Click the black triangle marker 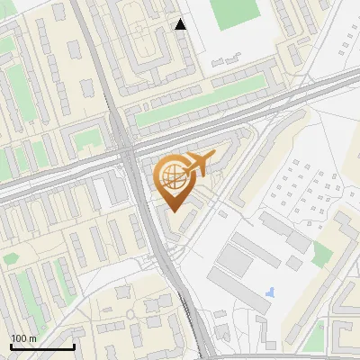pos(181,24)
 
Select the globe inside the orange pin pos(172,178)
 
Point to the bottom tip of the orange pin pos(173,211)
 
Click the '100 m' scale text pos(23,337)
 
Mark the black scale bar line pos(41,346)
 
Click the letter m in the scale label pos(32,337)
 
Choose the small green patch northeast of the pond pos(322,255)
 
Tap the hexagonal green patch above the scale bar pos(10,258)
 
